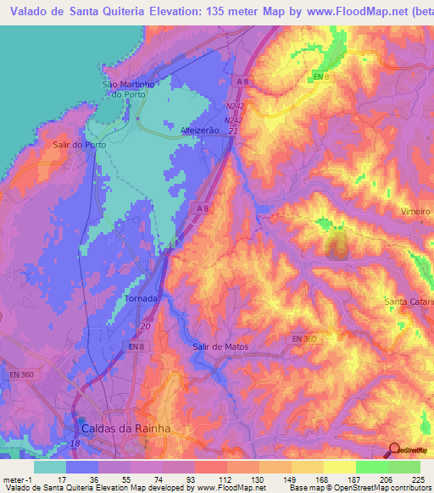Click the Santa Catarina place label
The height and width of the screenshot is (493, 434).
point(409,302)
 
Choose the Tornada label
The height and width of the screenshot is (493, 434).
point(141,299)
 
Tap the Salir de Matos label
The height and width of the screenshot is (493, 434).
point(220,346)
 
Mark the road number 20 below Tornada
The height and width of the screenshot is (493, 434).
point(145,327)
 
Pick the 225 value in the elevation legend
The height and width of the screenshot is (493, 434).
point(416,479)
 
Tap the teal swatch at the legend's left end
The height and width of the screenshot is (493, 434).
point(49,467)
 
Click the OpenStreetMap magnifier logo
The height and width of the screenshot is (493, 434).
point(394,450)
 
